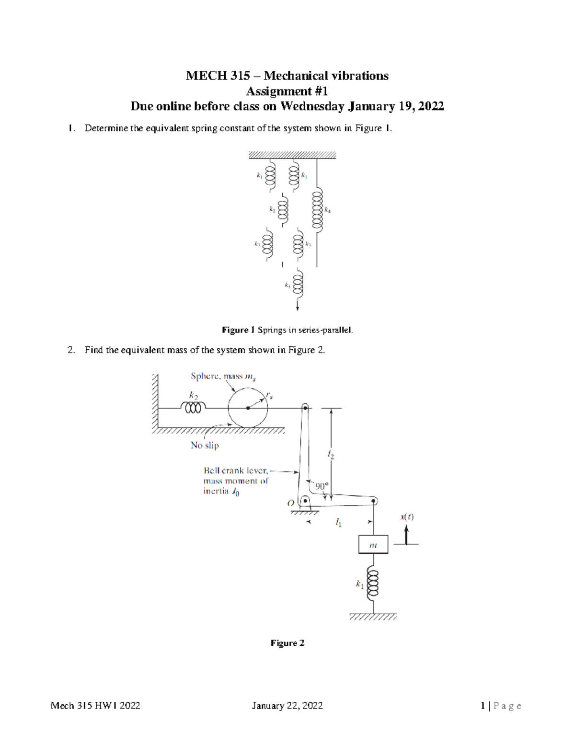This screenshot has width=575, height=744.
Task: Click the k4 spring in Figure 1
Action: [x=317, y=210]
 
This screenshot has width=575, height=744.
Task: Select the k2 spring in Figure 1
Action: [x=283, y=209]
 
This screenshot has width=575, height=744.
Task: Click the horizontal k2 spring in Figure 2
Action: [x=193, y=407]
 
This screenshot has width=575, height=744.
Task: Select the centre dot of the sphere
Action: [x=248, y=408]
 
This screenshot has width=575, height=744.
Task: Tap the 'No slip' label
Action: [x=205, y=445]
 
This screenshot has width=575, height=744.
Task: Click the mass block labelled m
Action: [x=373, y=544]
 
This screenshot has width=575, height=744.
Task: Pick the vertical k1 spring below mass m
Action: [x=373, y=584]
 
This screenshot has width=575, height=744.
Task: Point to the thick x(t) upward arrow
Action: [x=406, y=535]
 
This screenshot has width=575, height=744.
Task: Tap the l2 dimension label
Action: [x=331, y=456]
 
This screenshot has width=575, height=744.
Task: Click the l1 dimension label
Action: [x=339, y=523]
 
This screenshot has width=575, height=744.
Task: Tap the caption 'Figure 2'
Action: [x=287, y=643]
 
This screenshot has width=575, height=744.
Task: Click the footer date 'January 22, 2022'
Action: [x=287, y=706]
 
